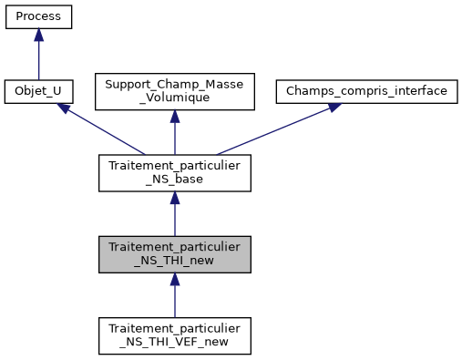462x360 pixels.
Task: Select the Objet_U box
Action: tap(38, 92)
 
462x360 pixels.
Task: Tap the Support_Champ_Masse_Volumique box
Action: tap(174, 92)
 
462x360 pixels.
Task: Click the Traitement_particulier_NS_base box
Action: tap(174, 173)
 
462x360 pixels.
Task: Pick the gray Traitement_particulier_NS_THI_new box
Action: tap(174, 254)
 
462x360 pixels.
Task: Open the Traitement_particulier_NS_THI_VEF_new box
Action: tap(174, 335)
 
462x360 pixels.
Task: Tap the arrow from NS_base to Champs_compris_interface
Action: tap(273, 129)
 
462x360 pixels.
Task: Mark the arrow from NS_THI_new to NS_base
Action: tap(174, 218)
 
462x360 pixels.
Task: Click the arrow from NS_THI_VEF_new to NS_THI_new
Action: tap(174, 299)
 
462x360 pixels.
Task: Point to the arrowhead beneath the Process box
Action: tap(38, 35)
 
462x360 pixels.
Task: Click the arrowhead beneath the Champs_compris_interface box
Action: tap(334, 107)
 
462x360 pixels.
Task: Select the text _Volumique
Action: tap(174, 98)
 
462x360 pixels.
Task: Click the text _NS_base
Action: tap(174, 180)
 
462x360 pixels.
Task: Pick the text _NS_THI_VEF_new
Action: tap(174, 342)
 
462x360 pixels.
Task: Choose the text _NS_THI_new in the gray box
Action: tap(174, 261)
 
